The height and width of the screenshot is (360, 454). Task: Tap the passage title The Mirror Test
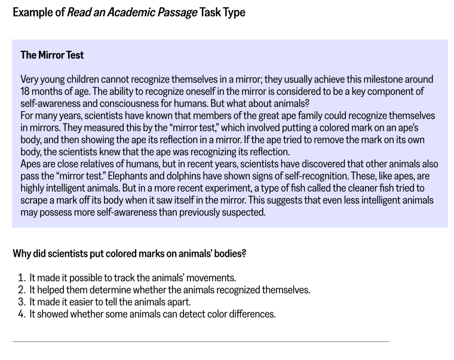[x=52, y=56]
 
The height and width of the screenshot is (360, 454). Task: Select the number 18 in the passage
[x=26, y=91]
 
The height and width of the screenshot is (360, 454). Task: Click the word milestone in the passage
[x=355, y=79]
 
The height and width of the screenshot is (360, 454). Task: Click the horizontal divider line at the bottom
[x=201, y=341]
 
